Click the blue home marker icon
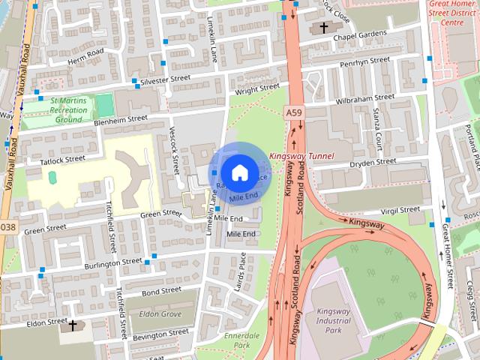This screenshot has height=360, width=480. [238, 172]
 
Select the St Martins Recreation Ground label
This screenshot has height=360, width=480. [68, 109]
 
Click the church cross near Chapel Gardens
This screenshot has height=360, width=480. [324, 28]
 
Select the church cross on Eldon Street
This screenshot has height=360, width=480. [73, 325]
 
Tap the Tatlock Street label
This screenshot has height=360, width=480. [56, 159]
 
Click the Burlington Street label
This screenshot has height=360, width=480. [112, 263]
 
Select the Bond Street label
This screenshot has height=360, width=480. [161, 290]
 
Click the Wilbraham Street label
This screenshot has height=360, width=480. [364, 98]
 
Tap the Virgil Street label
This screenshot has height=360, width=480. [400, 211]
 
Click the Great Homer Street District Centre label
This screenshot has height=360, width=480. [453, 13]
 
